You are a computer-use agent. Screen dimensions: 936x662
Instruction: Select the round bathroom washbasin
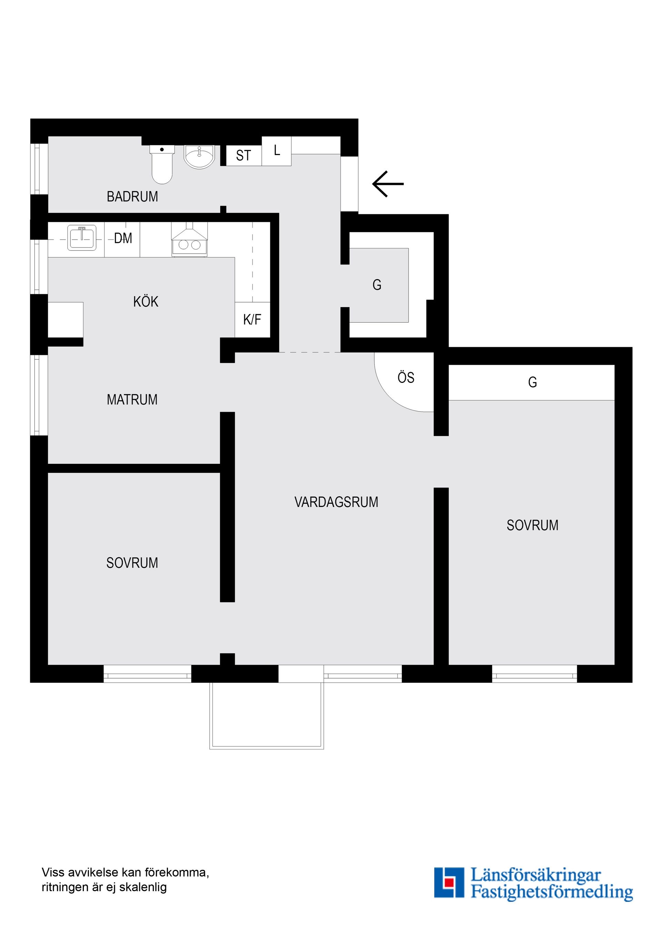click(199, 156)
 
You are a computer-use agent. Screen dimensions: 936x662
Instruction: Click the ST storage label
click(243, 155)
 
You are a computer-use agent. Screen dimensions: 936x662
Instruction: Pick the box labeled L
click(277, 151)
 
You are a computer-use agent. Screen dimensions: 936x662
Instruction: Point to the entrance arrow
click(388, 184)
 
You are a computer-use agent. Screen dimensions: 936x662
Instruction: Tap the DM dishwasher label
click(123, 238)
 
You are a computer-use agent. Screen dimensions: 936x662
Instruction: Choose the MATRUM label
click(132, 399)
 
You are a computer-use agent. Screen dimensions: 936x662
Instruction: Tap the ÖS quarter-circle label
click(406, 378)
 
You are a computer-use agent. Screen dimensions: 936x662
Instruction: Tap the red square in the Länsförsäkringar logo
click(449, 882)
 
